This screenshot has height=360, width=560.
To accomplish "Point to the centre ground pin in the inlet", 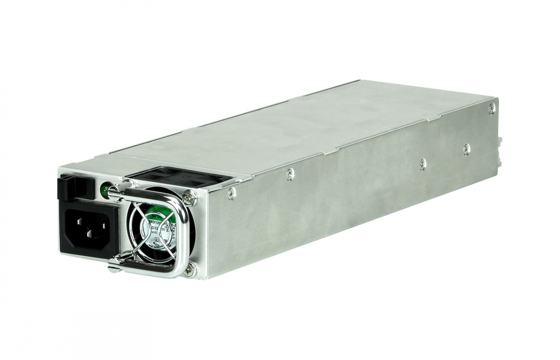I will tap(89, 220).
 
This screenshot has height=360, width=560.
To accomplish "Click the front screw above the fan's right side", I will tap(190, 194).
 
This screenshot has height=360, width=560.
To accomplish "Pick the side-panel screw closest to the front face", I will tap(231, 193).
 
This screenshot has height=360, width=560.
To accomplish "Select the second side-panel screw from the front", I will tap(291, 175).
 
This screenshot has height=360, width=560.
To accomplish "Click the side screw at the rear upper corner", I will tap(492, 108).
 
